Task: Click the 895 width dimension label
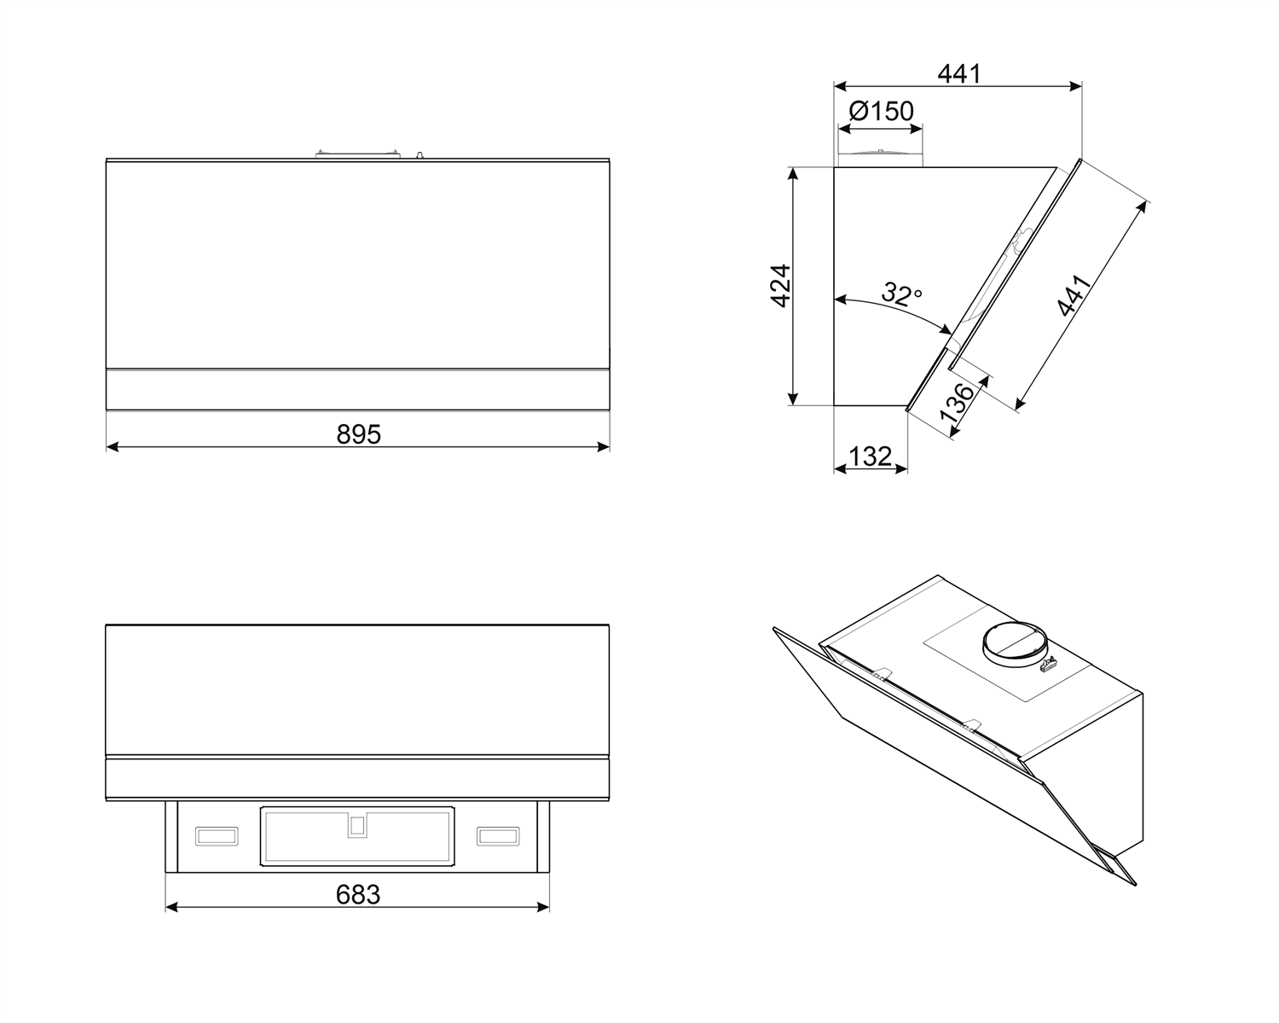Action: (x=358, y=434)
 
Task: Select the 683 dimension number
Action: (x=357, y=894)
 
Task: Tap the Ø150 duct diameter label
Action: (x=881, y=111)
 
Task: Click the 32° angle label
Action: (x=901, y=294)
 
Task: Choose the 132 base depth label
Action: (x=870, y=456)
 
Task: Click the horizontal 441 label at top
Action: (x=959, y=73)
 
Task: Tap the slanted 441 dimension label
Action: (x=1074, y=295)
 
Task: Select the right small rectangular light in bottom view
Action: (x=498, y=837)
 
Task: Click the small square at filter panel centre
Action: (x=357, y=825)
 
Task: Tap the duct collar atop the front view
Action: (x=357, y=154)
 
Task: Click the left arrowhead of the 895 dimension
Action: (x=111, y=446)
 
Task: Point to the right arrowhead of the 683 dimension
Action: (x=544, y=907)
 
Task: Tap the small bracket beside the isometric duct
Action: (x=1048, y=662)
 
